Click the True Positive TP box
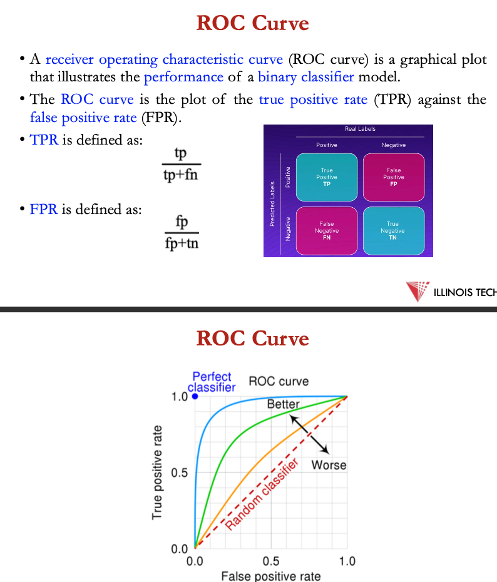pyautogui.click(x=327, y=177)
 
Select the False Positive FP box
pyautogui.click(x=394, y=177)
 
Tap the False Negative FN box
pyautogui.click(x=327, y=231)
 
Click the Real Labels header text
pyautogui.click(x=360, y=129)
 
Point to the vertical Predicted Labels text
pyautogui.click(x=272, y=204)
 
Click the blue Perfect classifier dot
pyautogui.click(x=195, y=396)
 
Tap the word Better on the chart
pyautogui.click(x=283, y=404)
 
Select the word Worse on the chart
pyautogui.click(x=329, y=465)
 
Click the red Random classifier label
pyautogui.click(x=262, y=494)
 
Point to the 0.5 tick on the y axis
pyautogui.click(x=179, y=473)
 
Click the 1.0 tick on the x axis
pyautogui.click(x=347, y=561)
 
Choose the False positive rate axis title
pyautogui.click(x=271, y=576)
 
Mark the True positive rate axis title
pyautogui.click(x=157, y=472)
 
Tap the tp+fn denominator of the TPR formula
pyautogui.click(x=181, y=175)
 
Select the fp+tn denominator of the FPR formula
pyautogui.click(x=182, y=243)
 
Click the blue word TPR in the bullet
pyautogui.click(x=44, y=140)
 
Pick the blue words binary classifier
pyautogui.click(x=306, y=77)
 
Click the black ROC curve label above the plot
pyautogui.click(x=279, y=381)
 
